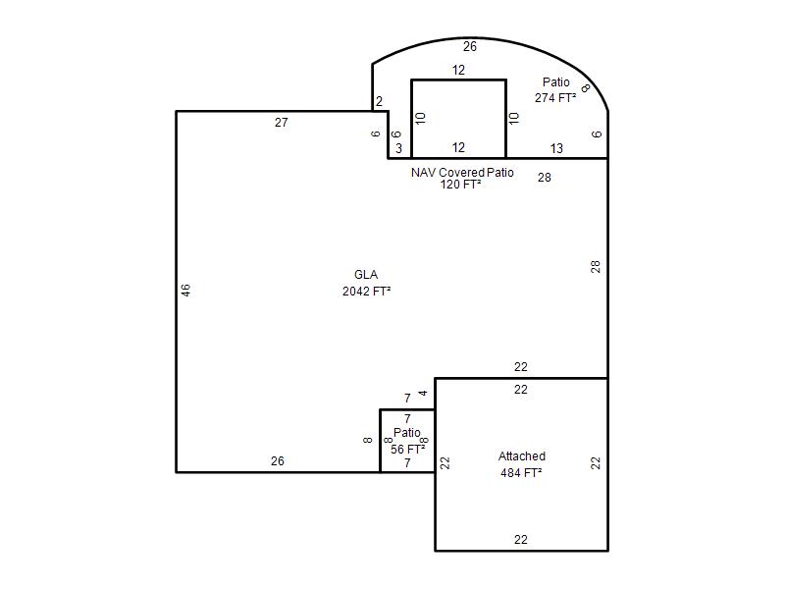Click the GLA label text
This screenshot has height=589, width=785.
(366, 275)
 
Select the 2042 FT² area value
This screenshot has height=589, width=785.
(366, 291)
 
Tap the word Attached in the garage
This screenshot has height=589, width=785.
(522, 456)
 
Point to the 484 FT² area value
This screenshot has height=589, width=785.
(521, 473)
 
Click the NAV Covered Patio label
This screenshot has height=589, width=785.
(462, 173)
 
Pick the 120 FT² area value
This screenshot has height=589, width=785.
(460, 185)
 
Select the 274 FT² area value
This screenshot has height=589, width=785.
(555, 97)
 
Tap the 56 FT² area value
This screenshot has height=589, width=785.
(407, 449)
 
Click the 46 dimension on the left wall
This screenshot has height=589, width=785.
(185, 291)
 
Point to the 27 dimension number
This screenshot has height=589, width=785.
(282, 122)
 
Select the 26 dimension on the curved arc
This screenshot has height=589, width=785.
(470, 46)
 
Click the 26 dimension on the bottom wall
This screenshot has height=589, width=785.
(278, 460)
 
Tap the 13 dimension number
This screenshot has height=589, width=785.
(556, 148)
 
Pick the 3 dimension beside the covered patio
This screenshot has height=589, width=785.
(398, 148)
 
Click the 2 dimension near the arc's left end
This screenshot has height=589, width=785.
(379, 101)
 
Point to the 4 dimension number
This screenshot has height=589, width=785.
(424, 394)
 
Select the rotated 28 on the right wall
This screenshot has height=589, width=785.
(596, 266)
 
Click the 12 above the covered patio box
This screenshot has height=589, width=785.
(458, 70)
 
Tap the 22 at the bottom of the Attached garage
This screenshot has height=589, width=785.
(521, 539)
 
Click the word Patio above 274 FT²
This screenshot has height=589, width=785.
(555, 81)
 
